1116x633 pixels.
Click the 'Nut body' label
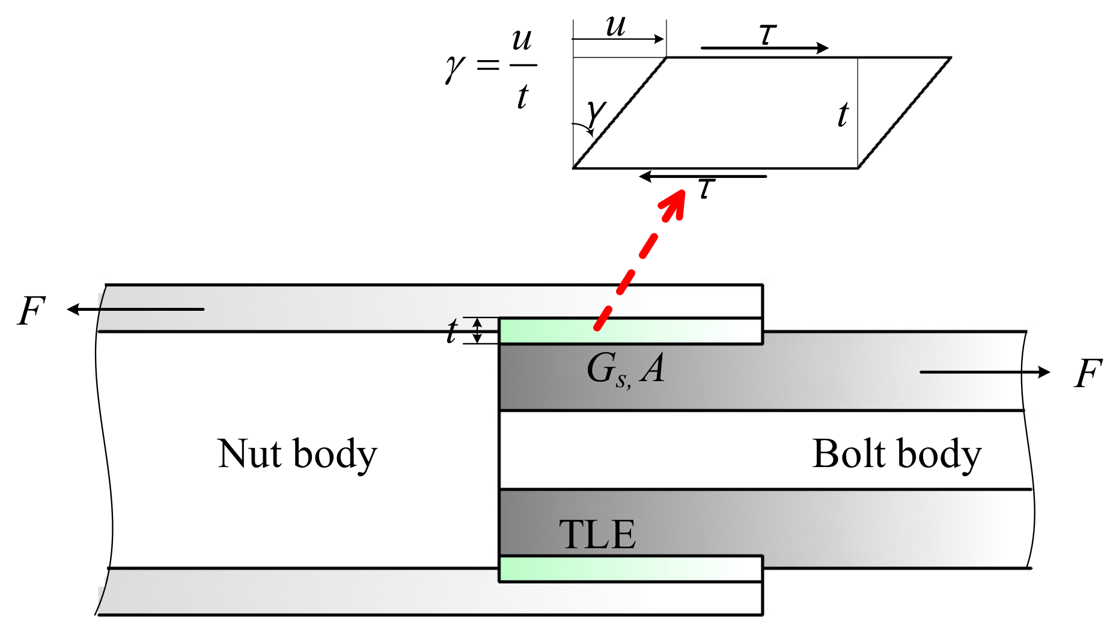[297, 454]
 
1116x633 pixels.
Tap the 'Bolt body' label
[896, 454]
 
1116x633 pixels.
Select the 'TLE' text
[597, 534]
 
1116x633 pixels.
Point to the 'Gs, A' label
[625, 368]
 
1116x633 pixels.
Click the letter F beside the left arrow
[31, 311]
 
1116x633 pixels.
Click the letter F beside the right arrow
[1087, 373]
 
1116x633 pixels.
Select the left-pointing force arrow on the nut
[135, 310]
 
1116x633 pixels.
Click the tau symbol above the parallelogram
[767, 34]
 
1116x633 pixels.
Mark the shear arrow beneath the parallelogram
[703, 177]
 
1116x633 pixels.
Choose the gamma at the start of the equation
[455, 67]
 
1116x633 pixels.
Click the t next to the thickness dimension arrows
[452, 331]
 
